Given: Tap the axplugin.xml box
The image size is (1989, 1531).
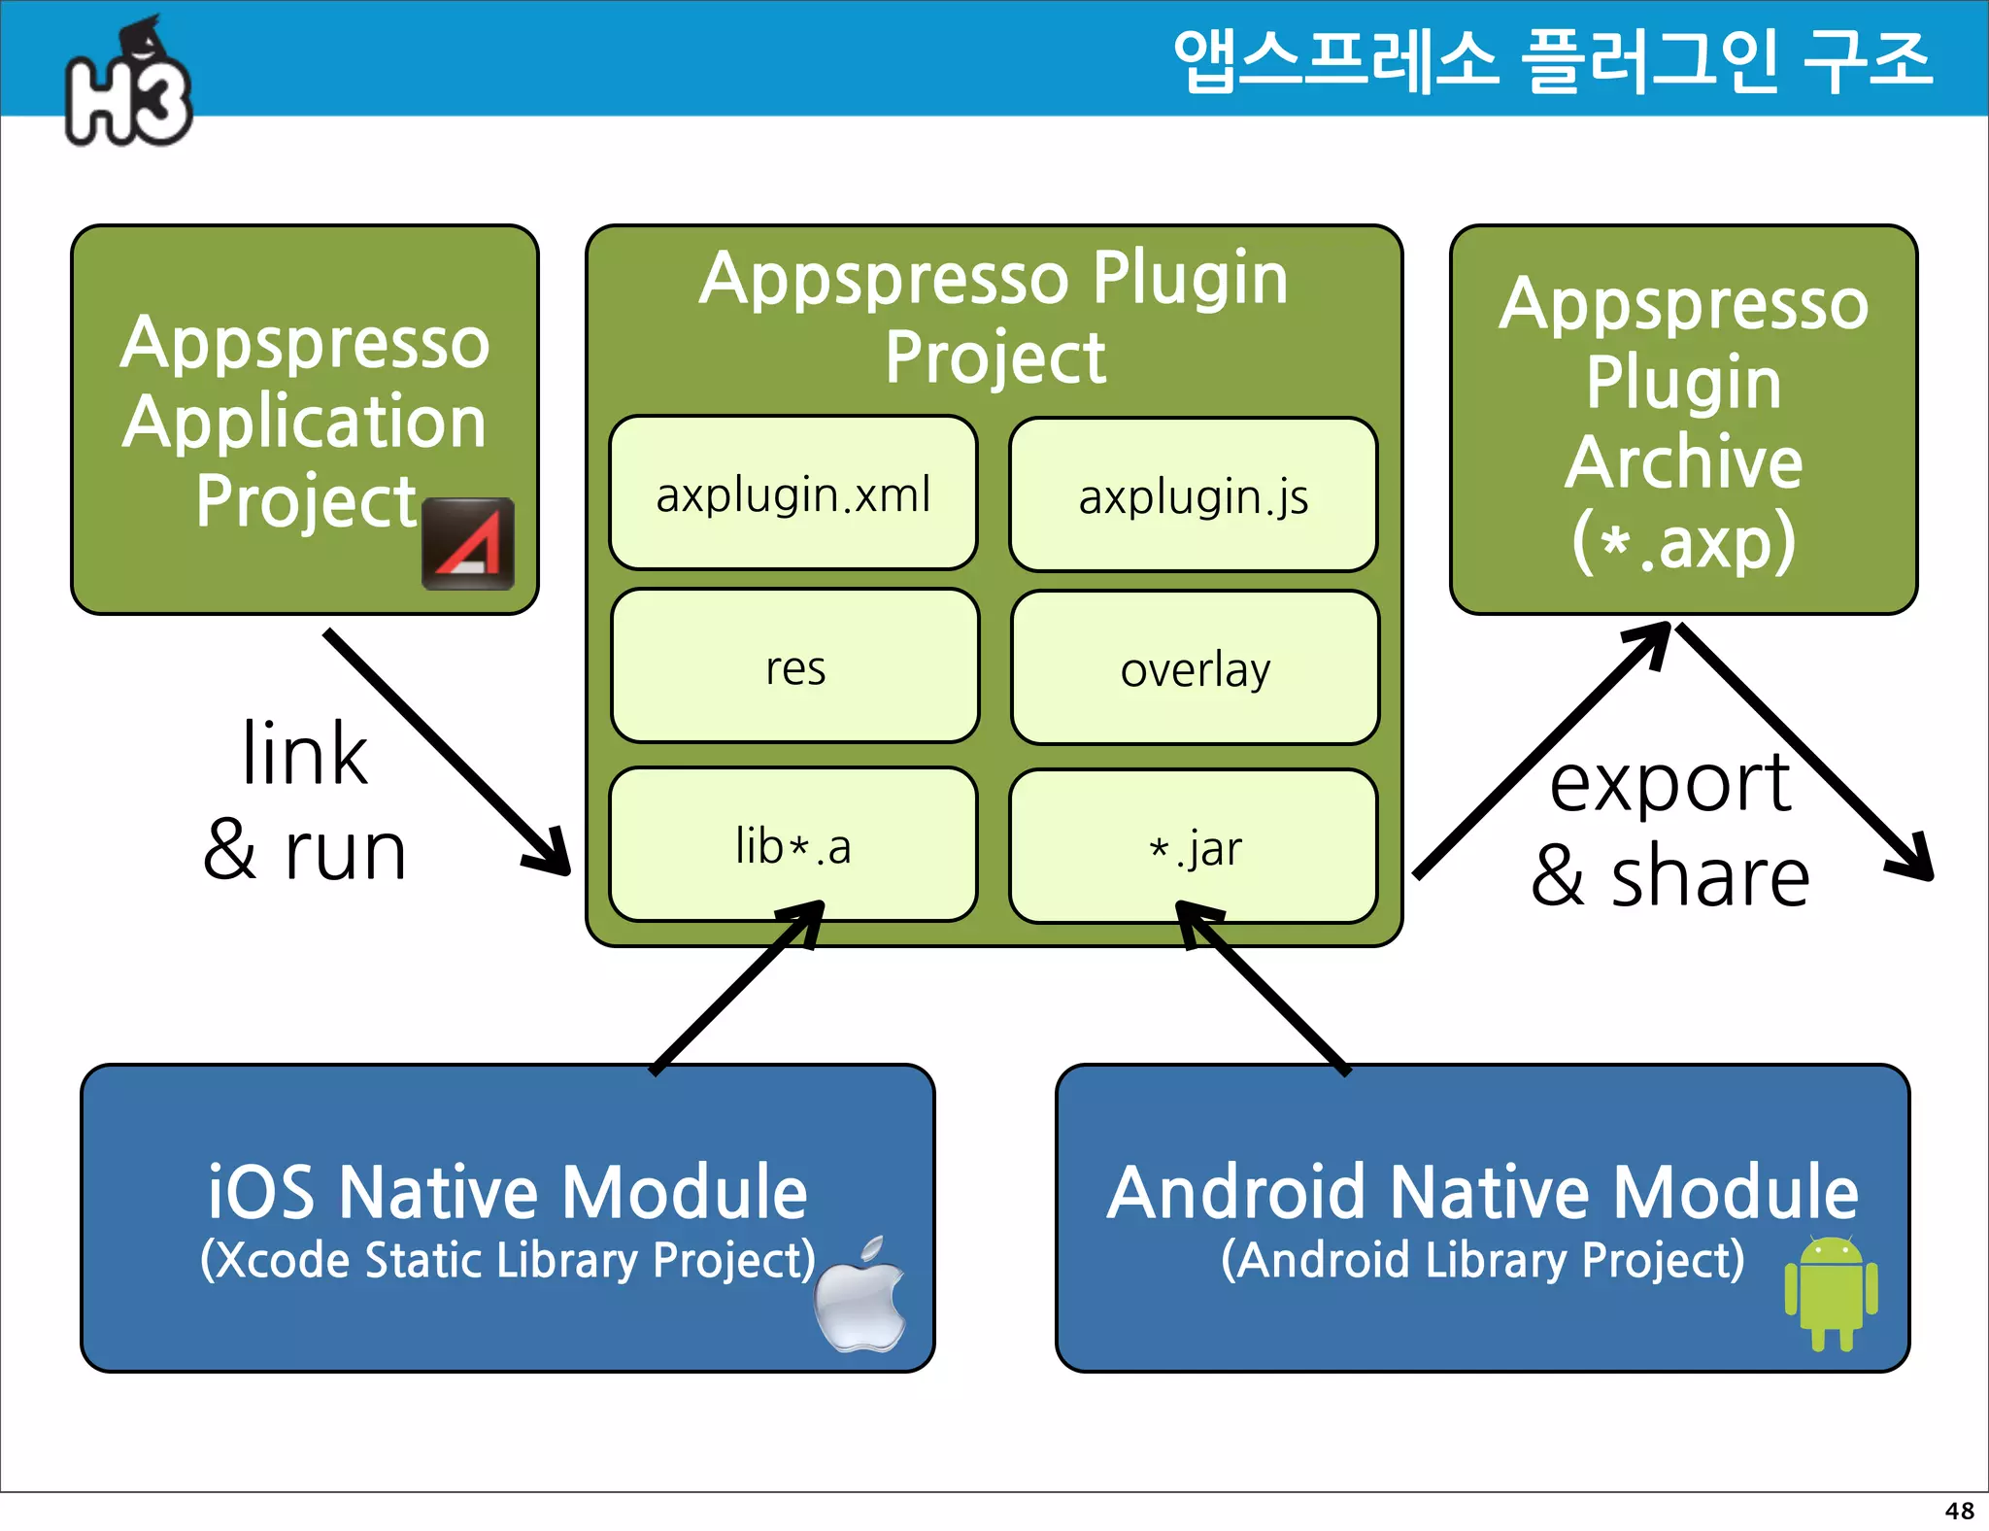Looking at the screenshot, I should tap(793, 493).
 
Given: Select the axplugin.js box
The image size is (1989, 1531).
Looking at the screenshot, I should tap(1193, 495).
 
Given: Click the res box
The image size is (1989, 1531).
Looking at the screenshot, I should tap(794, 666).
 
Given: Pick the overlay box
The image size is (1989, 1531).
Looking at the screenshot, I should tap(1195, 668).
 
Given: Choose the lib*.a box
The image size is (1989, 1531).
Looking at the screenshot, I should tap(793, 845).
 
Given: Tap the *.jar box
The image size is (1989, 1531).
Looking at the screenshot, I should tap(1193, 847).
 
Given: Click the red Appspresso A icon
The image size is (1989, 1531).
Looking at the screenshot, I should tap(467, 543).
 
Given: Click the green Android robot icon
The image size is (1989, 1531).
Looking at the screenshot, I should tap(1831, 1292).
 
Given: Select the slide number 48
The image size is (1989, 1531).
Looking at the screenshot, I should tap(1959, 1511).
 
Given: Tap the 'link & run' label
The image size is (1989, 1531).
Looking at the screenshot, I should tap(304, 801).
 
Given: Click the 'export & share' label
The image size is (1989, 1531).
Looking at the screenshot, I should tap(1669, 831).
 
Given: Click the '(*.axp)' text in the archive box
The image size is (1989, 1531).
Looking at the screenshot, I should tap(1683, 541).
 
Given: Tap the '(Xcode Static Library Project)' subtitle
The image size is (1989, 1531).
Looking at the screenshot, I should tap(507, 1260).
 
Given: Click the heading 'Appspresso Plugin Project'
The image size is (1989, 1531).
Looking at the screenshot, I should tap(994, 317).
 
